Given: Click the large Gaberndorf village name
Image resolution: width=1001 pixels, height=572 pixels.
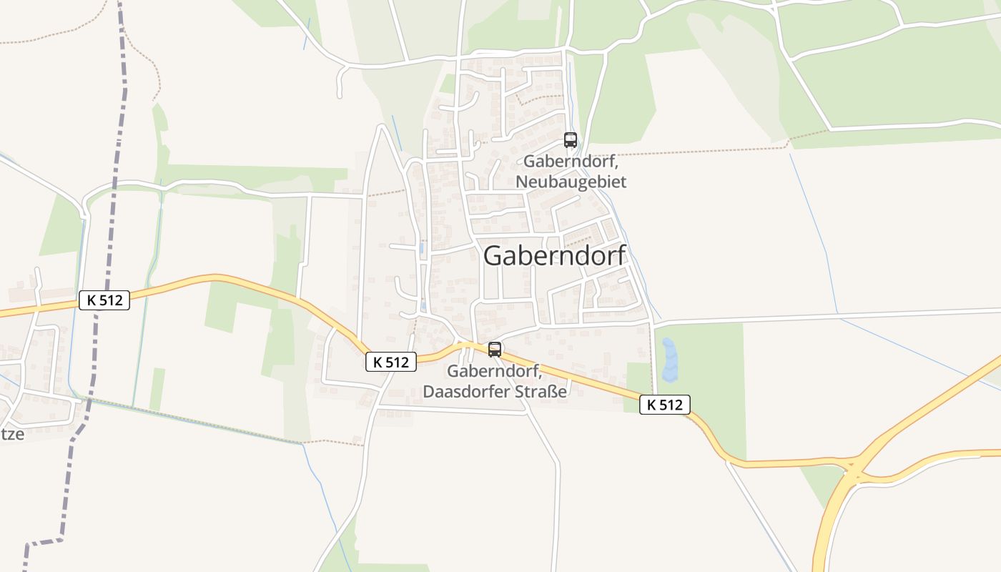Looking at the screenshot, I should click(555, 255).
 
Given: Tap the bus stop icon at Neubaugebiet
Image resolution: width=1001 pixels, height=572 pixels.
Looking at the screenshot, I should click(570, 140).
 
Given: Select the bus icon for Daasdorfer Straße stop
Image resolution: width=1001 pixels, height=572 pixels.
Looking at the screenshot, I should click(494, 350).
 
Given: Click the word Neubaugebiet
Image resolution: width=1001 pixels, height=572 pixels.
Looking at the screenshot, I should click(571, 182).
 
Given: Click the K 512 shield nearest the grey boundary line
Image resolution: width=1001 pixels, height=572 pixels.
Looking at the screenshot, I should click(104, 300).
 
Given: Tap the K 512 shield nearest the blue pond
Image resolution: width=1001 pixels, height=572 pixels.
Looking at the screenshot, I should click(664, 405).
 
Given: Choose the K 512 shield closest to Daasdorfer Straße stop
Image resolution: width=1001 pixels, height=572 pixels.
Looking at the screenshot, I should click(390, 362).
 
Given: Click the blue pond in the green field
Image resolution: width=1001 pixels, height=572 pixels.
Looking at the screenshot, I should click(669, 360).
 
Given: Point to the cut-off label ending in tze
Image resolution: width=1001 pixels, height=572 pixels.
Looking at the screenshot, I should click(11, 433).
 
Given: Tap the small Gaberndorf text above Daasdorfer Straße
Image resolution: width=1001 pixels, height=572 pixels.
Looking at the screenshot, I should click(494, 371).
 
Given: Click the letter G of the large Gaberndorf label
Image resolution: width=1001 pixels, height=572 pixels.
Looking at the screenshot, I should click(493, 255).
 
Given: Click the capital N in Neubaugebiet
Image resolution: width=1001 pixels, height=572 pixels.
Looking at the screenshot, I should click(521, 182).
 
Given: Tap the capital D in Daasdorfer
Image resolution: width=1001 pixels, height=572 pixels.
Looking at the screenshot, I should click(429, 392).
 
